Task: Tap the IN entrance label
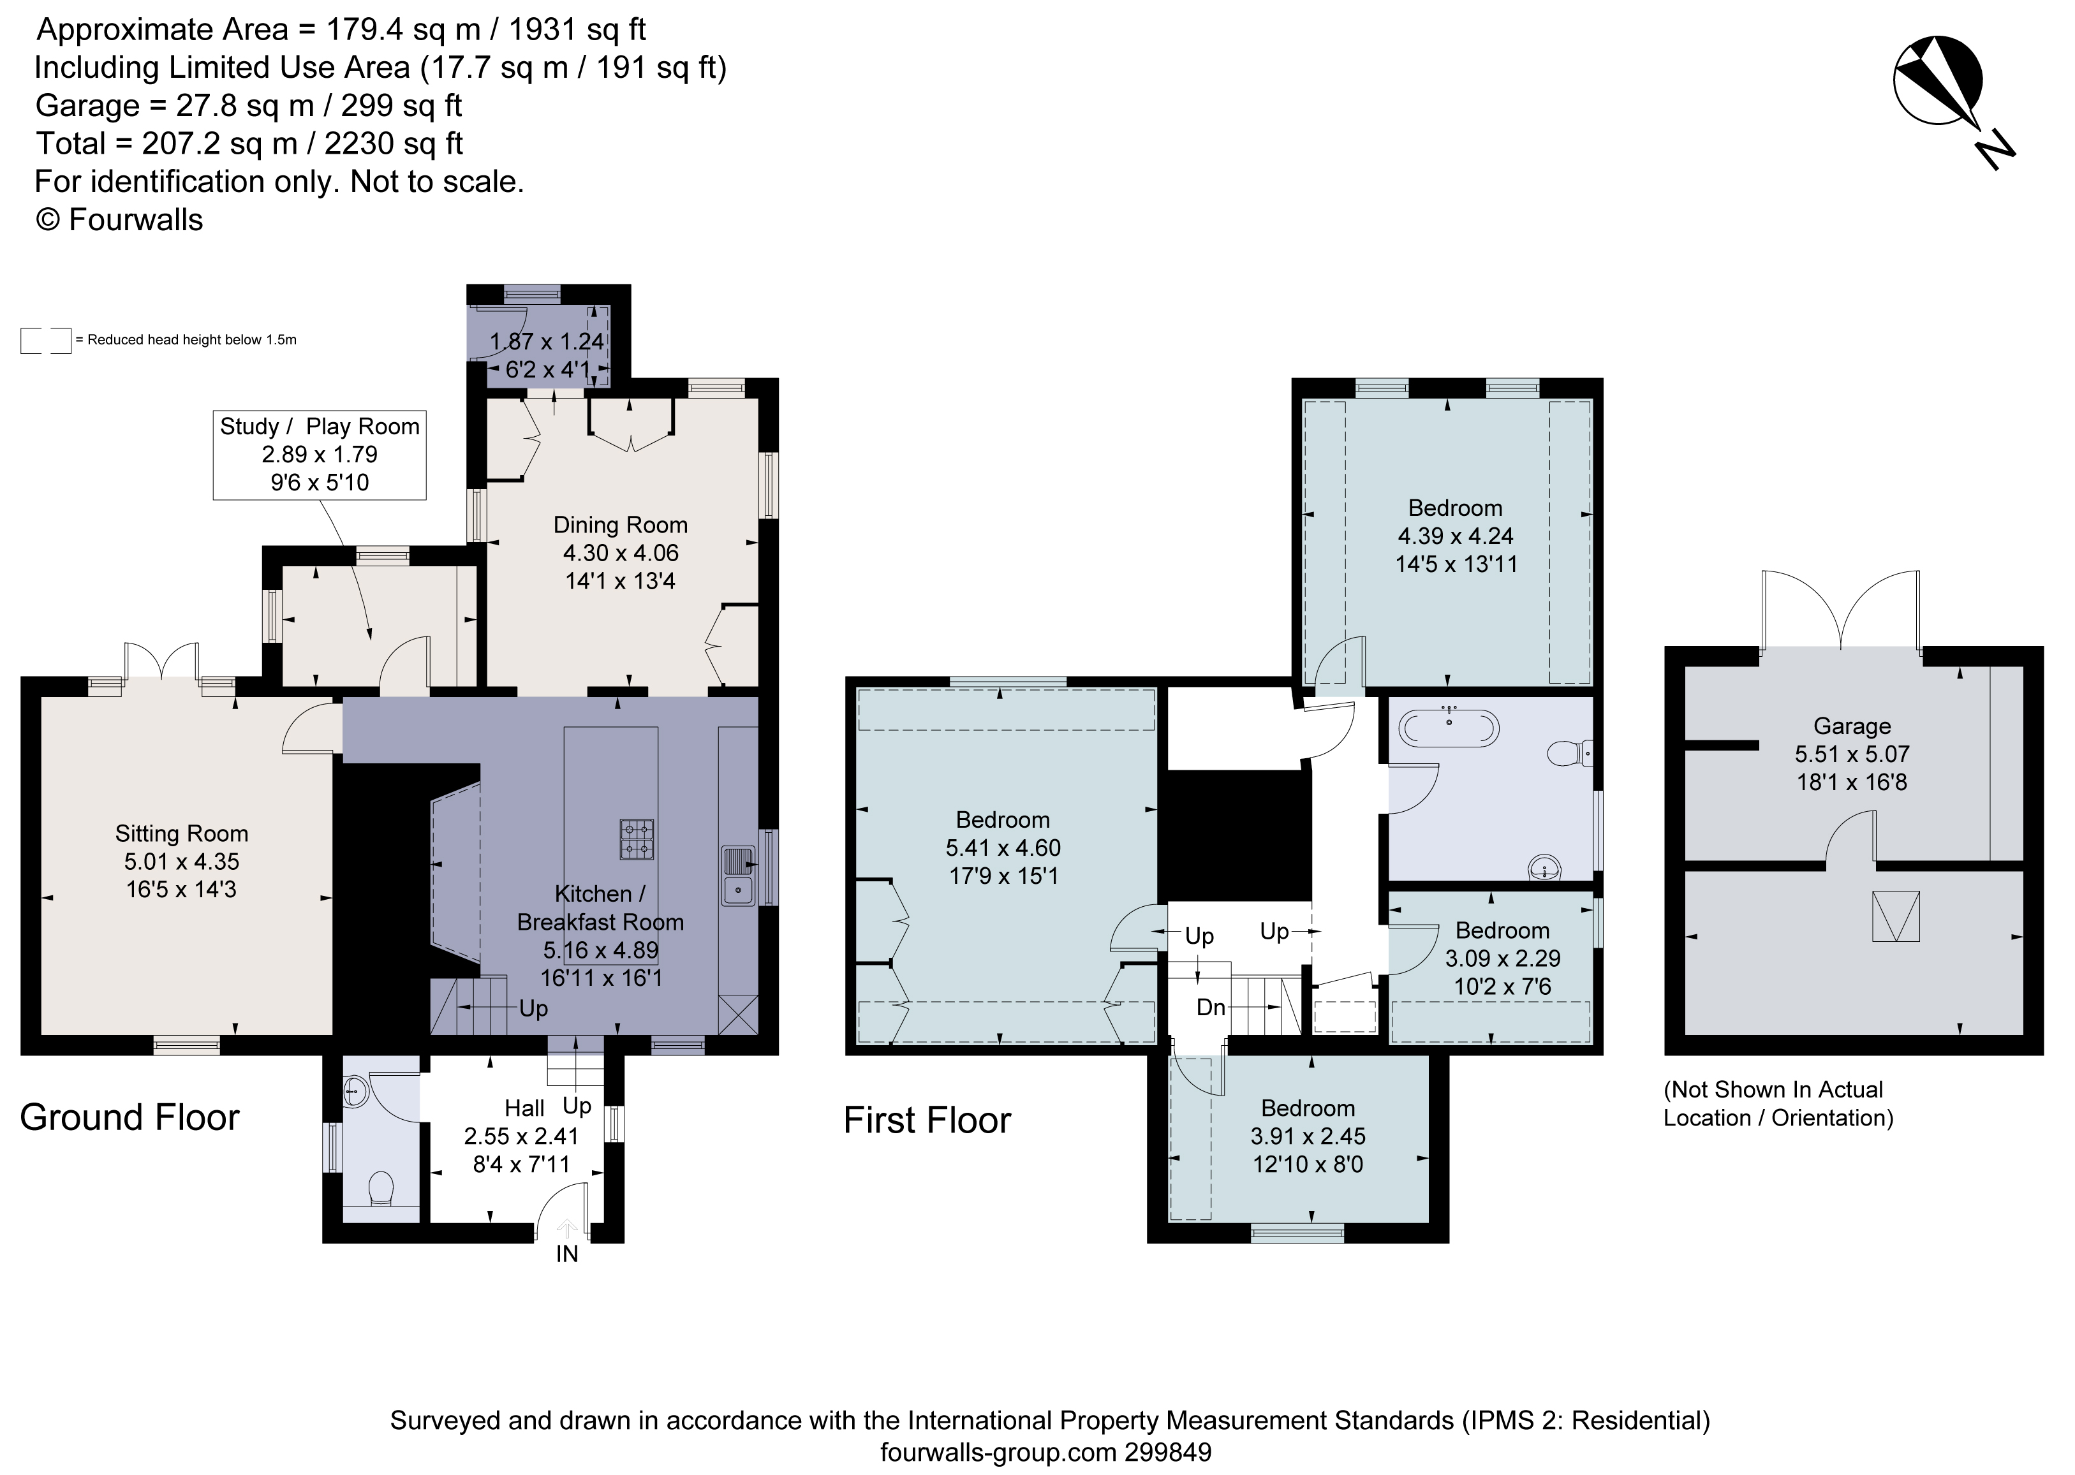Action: (x=567, y=1254)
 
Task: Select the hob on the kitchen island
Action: (x=637, y=839)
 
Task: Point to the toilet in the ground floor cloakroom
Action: (x=381, y=1188)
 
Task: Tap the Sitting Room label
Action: (x=182, y=833)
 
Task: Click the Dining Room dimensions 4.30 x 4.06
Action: (x=621, y=552)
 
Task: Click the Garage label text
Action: (x=1852, y=726)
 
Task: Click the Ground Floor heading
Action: (x=130, y=1117)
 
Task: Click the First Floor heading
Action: (x=927, y=1120)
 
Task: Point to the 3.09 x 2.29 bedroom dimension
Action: (x=1503, y=958)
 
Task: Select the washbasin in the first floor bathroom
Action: (x=1544, y=867)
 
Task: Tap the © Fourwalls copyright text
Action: (x=119, y=220)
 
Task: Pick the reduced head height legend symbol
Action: (x=45, y=341)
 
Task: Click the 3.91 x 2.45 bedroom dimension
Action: (x=1308, y=1136)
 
